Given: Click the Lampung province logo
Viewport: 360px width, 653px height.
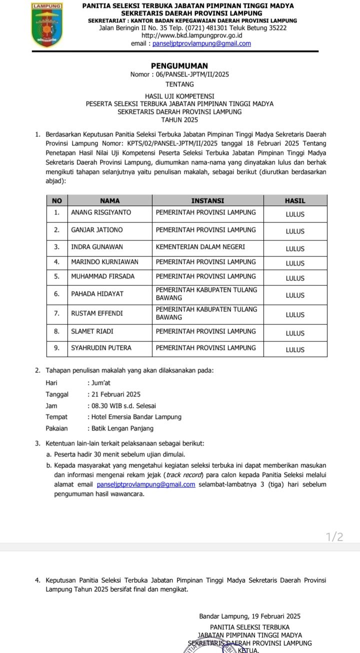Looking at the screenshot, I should pos(47,25).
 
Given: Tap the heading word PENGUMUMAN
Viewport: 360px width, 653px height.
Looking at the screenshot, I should pos(179,65).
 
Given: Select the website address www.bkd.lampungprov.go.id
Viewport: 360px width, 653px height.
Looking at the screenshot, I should pos(192,35).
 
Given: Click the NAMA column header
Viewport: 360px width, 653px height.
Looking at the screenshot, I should pos(109,200).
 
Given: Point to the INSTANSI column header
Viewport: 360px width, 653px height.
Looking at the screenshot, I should pos(207,200).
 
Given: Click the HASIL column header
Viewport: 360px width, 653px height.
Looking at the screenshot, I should pos(295,200).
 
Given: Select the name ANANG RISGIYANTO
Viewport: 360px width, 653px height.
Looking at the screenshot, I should pos(101,212).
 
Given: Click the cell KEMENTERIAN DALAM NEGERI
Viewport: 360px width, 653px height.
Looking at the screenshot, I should pos(200,247).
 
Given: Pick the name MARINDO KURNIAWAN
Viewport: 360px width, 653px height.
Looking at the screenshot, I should pos(104,261).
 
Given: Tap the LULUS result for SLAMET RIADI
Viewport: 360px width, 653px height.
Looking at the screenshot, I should pos(295,333).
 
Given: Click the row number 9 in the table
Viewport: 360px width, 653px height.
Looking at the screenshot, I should pos(57,347).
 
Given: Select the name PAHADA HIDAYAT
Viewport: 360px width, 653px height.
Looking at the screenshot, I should pos(97,294).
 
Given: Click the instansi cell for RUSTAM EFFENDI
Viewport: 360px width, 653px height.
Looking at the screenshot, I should pos(206,313).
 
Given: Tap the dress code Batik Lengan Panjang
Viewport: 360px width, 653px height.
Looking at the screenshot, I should pos(122,428).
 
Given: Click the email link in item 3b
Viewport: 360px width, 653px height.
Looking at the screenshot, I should pos(146,484).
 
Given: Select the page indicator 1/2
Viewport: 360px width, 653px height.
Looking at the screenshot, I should pos(334,537).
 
